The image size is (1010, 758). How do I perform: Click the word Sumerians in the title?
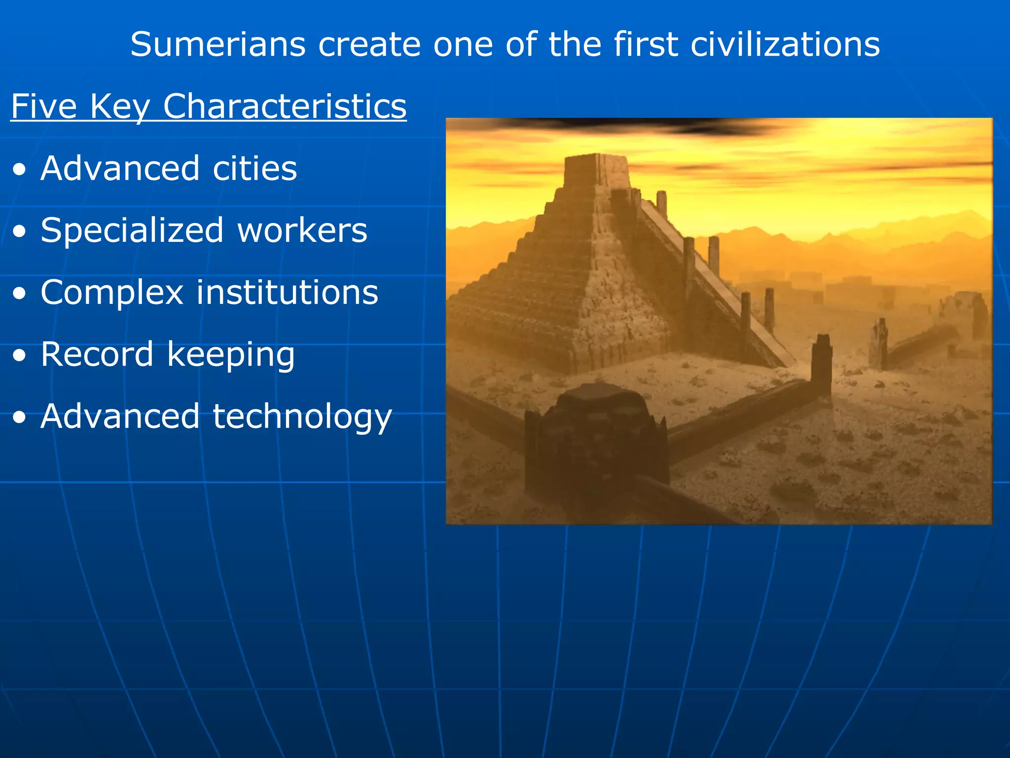(x=217, y=45)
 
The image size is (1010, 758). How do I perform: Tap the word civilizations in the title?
(x=785, y=45)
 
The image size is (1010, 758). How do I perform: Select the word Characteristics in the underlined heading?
(x=285, y=107)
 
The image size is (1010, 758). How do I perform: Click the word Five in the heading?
(x=44, y=107)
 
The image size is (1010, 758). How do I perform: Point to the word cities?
(x=255, y=169)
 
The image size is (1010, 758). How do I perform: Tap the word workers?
(x=302, y=231)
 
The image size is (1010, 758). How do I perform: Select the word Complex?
(x=112, y=293)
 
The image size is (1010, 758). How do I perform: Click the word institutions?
(x=288, y=293)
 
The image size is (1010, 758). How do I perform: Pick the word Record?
(x=97, y=355)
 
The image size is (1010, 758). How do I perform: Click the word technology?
(x=302, y=417)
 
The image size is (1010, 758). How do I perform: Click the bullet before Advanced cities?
(x=20, y=170)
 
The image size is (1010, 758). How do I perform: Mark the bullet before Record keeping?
(x=20, y=356)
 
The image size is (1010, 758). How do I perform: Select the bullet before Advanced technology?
(x=20, y=418)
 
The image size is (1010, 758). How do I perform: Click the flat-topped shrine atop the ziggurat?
(x=597, y=170)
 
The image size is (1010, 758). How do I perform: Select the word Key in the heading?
(x=119, y=107)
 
